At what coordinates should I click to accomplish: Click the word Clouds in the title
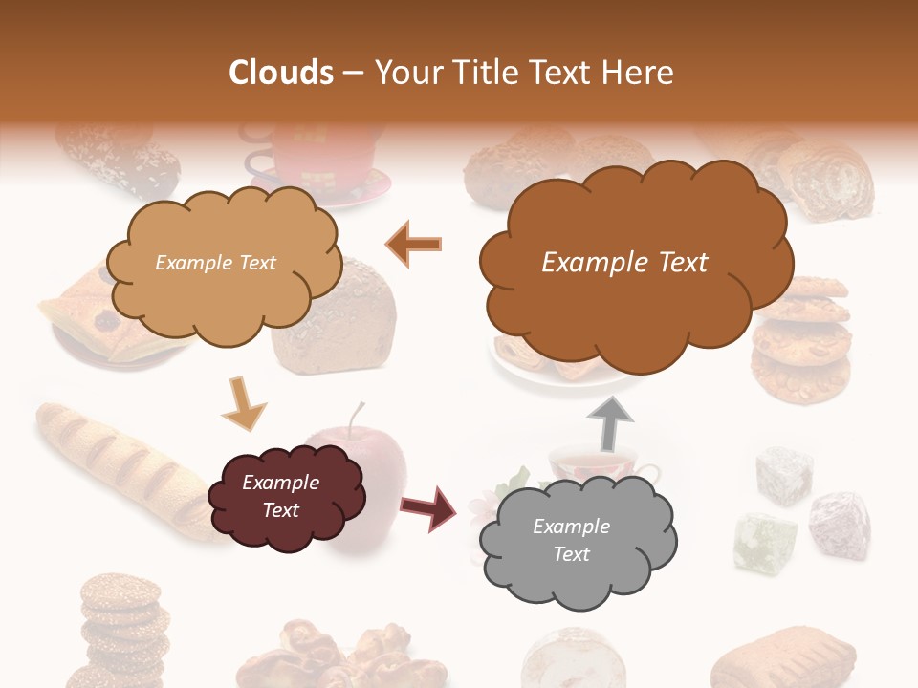click(281, 73)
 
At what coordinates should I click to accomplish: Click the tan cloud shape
click(222, 263)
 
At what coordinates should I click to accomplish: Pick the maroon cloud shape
click(284, 497)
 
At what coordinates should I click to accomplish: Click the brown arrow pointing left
click(414, 245)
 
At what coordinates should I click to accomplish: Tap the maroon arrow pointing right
click(429, 506)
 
